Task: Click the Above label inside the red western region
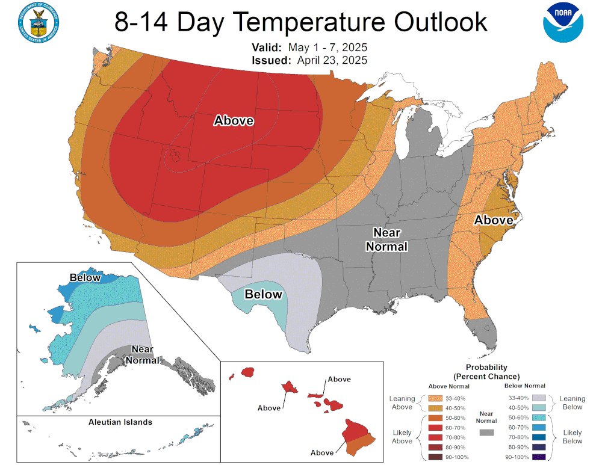point(234,121)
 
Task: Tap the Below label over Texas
point(263,294)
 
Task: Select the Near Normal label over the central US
point(390,239)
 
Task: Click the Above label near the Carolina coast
point(494,220)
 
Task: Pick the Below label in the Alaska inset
point(85,277)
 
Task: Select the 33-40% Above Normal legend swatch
point(436,398)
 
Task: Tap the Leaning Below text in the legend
point(572,402)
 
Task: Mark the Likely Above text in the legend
point(402,437)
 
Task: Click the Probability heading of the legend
point(486,367)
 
